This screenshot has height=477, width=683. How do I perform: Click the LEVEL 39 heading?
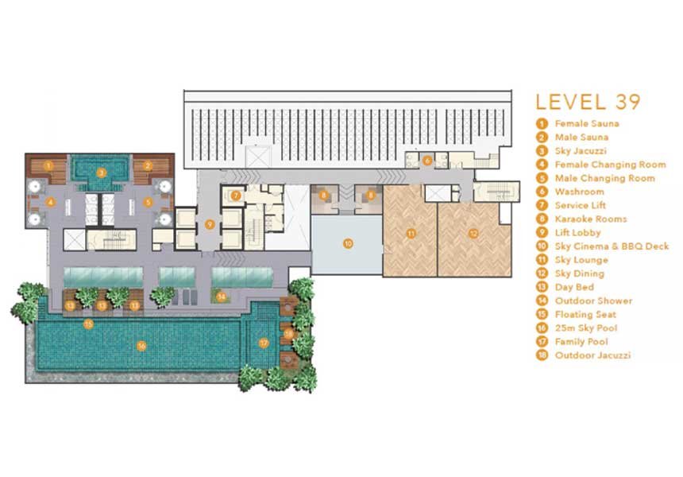pos(588,102)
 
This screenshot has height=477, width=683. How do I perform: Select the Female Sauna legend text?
pos(587,124)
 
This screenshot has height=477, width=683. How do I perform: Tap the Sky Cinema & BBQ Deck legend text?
pos(612,246)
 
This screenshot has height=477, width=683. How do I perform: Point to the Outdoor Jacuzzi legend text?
pos(592,355)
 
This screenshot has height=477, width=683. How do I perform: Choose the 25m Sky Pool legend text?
pos(586,328)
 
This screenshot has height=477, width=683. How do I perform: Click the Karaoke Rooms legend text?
pos(591,219)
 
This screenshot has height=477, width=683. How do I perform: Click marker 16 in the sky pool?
pos(141,346)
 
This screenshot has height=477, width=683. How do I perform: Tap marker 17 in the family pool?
pos(264,343)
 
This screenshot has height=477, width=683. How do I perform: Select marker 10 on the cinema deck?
pos(348,244)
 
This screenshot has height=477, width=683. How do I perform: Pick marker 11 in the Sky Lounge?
pos(411,234)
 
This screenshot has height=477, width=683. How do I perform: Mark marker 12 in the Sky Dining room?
pos(473,234)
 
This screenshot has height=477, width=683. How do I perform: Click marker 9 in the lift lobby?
pos(210,224)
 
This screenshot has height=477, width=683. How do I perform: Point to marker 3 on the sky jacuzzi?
pos(101,173)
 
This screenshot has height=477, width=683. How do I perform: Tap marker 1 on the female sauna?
pos(48,165)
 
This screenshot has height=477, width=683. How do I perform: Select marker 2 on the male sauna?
pos(147,165)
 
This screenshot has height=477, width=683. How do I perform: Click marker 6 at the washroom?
pos(427,161)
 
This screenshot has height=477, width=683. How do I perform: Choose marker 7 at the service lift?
pos(236,196)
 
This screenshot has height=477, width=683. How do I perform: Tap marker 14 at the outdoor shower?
pos(222,297)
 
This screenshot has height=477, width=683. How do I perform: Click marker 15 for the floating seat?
pos(88,324)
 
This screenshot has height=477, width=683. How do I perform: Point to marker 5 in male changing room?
pos(148,202)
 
